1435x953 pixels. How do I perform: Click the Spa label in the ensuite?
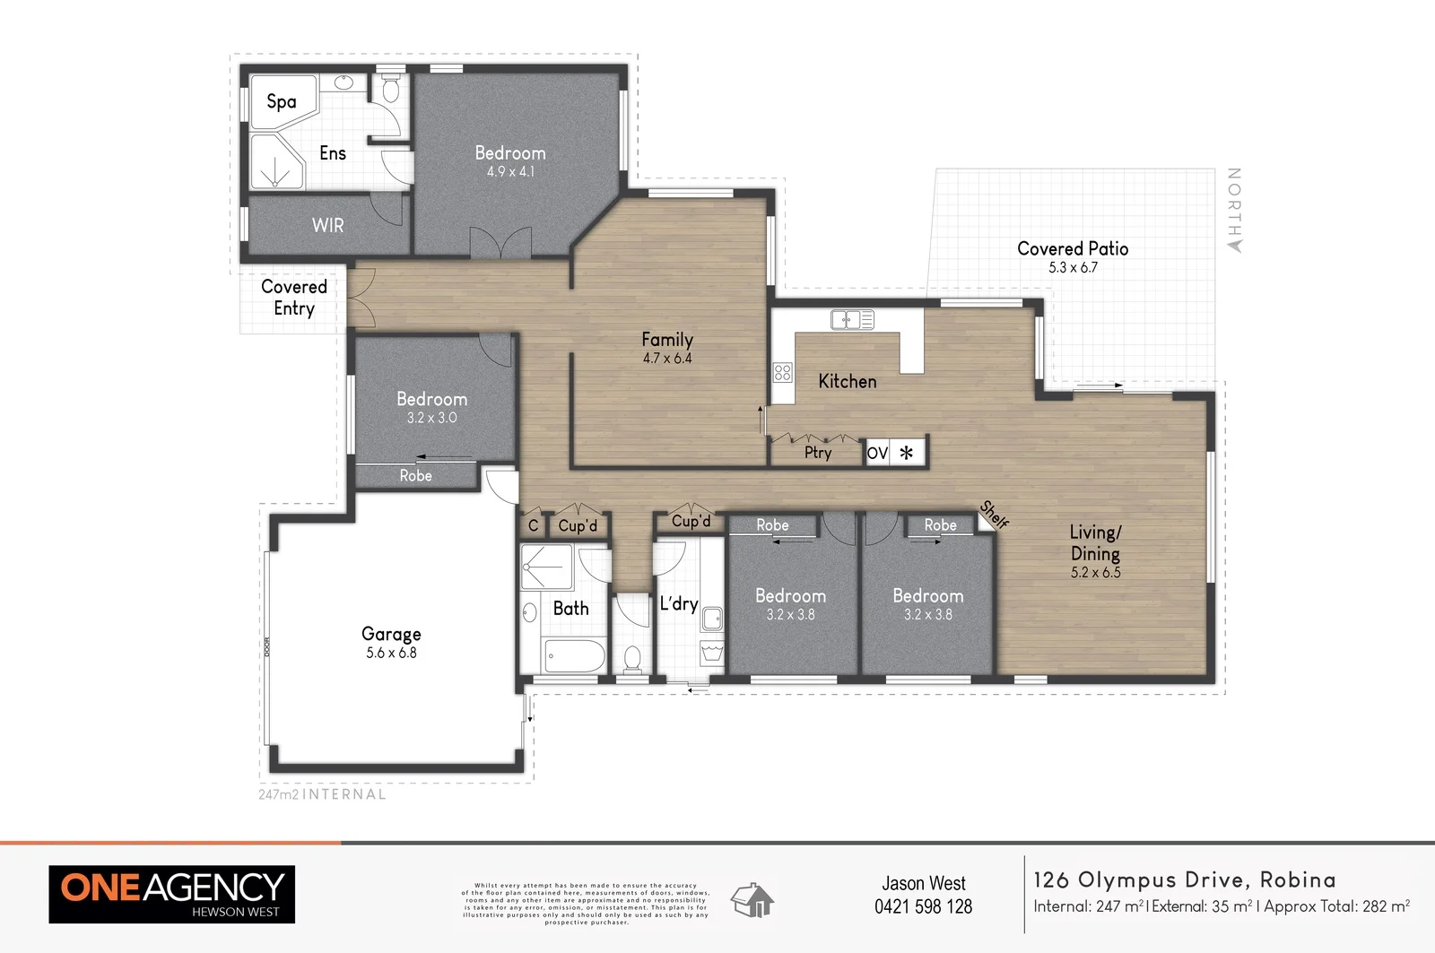click(281, 101)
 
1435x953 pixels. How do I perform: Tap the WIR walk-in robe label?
click(327, 225)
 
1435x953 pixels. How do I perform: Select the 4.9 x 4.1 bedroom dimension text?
click(510, 171)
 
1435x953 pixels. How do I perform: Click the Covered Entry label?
click(293, 298)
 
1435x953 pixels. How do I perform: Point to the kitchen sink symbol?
click(852, 318)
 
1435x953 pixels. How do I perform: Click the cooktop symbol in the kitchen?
click(782, 372)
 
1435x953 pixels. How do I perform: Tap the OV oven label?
click(877, 453)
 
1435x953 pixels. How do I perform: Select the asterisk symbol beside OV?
click(907, 453)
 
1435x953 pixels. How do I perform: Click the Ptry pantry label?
click(818, 453)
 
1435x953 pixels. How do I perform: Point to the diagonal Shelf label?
click(995, 514)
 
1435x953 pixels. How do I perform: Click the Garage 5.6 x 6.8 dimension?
click(391, 653)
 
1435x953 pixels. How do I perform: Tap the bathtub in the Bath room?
click(574, 656)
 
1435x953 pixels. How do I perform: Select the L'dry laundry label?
click(678, 603)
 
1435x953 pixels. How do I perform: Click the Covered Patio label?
click(1073, 248)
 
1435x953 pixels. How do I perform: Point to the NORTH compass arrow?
click(1234, 244)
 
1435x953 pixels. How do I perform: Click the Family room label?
click(666, 339)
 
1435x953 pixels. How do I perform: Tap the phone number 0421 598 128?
click(923, 906)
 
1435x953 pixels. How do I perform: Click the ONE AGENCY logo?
click(171, 894)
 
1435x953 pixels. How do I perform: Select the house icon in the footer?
click(752, 899)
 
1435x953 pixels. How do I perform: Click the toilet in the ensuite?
click(391, 89)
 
